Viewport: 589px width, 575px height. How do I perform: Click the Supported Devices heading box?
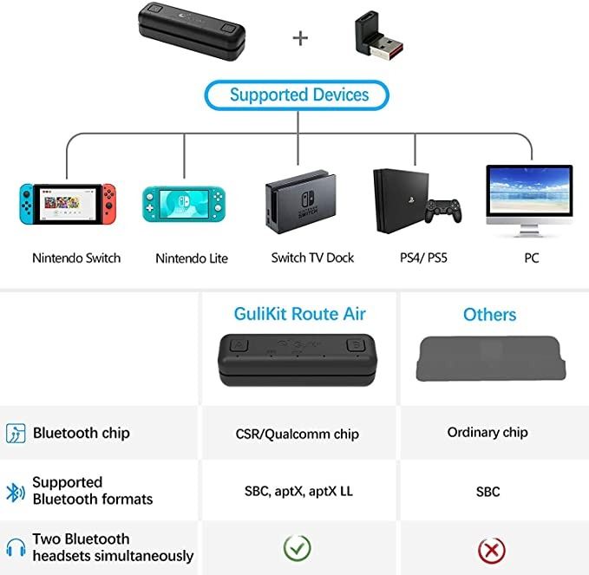(x=298, y=95)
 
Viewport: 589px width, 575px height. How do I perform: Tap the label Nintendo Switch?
(x=76, y=258)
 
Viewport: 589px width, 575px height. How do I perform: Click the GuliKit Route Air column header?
(x=299, y=314)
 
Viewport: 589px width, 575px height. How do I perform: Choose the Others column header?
(x=489, y=314)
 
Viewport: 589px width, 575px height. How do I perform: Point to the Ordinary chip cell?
(x=488, y=432)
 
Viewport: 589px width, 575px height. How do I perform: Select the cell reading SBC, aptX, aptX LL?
(x=298, y=491)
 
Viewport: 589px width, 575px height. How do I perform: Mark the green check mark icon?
(x=298, y=547)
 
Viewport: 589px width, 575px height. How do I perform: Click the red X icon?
(x=491, y=549)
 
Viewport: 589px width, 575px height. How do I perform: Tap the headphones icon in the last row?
(x=15, y=547)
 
